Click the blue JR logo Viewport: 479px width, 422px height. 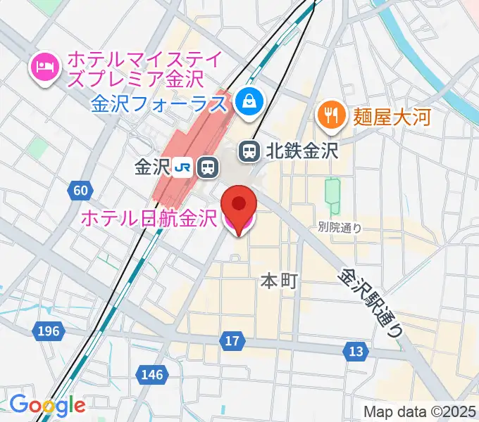(185, 167)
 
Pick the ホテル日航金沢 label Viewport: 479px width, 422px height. (149, 219)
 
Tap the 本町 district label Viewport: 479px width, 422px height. (280, 281)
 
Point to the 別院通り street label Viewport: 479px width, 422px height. (340, 227)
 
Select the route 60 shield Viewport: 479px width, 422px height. (80, 190)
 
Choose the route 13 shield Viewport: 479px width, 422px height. (356, 350)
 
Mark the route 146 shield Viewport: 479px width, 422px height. (152, 375)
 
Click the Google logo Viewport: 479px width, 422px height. (47, 404)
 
